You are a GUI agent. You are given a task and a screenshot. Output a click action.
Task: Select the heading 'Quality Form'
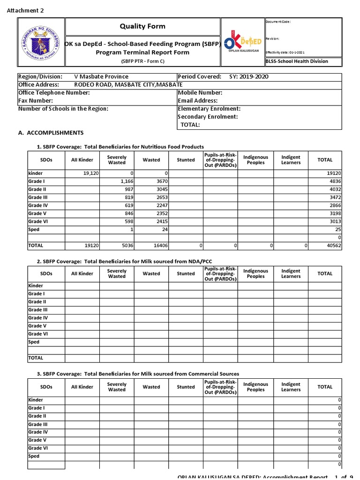(142, 26)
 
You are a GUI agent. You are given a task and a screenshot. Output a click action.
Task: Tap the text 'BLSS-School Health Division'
(297, 61)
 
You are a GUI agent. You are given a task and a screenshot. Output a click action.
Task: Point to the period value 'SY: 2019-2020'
(248, 77)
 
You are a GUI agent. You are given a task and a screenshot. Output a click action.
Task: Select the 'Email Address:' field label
(197, 101)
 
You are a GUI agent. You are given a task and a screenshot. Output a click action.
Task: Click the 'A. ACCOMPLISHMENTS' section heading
(51, 133)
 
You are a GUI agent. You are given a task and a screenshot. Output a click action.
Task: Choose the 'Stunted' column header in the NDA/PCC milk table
(186, 274)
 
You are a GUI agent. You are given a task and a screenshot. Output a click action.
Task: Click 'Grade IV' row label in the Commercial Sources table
(38, 432)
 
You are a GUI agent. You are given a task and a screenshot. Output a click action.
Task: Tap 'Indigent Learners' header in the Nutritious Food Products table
(291, 160)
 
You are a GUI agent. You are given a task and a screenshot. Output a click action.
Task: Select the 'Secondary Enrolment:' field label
(208, 117)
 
